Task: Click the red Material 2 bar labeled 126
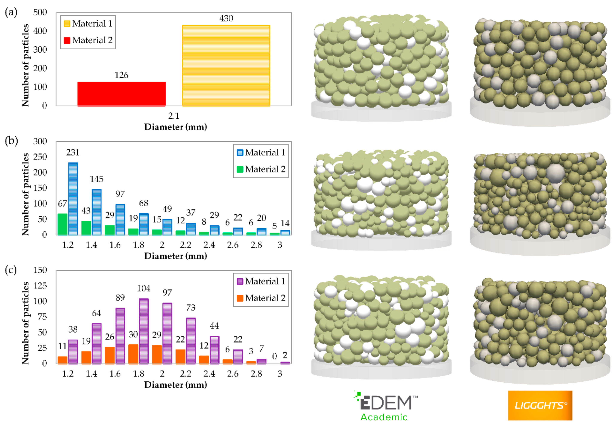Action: coord(121,94)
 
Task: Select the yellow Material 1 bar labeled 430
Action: coord(226,66)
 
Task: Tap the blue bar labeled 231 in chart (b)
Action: coord(73,199)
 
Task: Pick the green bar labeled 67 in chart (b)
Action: coord(62,224)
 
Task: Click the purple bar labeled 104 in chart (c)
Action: coord(144,331)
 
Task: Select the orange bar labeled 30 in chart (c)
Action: coord(133,354)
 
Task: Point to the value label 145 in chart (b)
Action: coord(96,179)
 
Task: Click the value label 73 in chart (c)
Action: coord(191,308)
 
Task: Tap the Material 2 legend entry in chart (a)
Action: coord(88,40)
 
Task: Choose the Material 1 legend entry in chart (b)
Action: coord(261,152)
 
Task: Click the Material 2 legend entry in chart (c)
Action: coord(261,298)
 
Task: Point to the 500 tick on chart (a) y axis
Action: coord(40,12)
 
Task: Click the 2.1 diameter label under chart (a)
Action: coord(174,116)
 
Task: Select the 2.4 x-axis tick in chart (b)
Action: coord(209,245)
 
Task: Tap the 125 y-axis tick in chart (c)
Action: coord(40,286)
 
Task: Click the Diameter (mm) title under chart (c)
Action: coord(175,385)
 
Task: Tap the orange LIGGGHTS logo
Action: coord(540,405)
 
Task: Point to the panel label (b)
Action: coord(11,140)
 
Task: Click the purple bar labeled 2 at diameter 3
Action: coord(285,363)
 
